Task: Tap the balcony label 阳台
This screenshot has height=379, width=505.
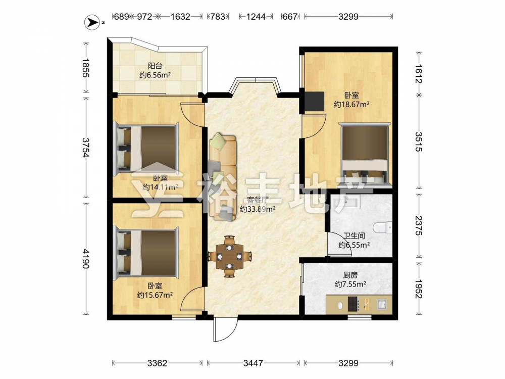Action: (x=155, y=66)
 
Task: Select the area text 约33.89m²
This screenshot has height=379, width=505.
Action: (x=258, y=209)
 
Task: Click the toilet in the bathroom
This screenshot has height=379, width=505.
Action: (x=383, y=227)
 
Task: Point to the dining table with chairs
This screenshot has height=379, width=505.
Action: (x=229, y=257)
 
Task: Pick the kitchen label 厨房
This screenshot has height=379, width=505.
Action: (x=350, y=275)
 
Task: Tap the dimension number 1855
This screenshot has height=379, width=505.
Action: (x=86, y=68)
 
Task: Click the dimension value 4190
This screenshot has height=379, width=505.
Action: (x=86, y=258)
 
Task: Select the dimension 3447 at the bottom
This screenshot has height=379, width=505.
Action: (x=253, y=363)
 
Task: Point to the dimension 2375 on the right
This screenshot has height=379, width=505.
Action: (x=419, y=225)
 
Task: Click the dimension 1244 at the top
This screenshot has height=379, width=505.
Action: (x=256, y=17)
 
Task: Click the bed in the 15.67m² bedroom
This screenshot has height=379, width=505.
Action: (x=147, y=253)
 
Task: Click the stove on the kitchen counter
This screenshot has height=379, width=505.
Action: (x=353, y=304)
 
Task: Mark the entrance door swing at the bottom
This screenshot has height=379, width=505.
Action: (x=225, y=329)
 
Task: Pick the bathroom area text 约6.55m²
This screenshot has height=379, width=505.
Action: (x=354, y=245)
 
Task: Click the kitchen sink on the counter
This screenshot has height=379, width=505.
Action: (x=382, y=304)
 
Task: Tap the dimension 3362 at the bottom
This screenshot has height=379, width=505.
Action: (x=157, y=363)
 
